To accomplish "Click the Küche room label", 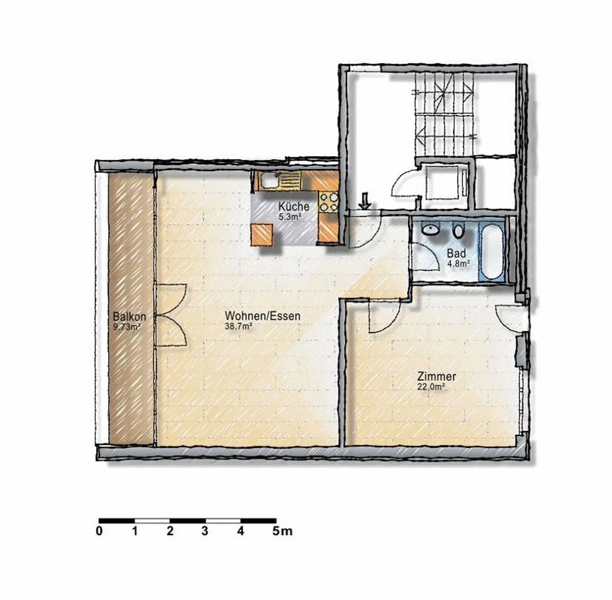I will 294,207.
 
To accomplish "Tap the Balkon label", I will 129,317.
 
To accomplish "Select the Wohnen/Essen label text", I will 262,316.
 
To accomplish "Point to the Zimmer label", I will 436,377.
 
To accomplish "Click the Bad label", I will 456,254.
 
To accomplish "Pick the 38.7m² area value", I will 239,327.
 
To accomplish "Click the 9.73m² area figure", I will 127,327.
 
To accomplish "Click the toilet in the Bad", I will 458,231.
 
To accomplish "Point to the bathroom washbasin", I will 431,230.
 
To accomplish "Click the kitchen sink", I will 269,181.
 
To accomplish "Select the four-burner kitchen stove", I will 329,202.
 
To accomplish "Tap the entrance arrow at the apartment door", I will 365,201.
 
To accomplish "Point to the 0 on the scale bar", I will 99,531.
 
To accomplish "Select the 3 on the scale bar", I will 205,531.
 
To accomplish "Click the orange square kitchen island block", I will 262,235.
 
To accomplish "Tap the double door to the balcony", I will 172,315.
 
